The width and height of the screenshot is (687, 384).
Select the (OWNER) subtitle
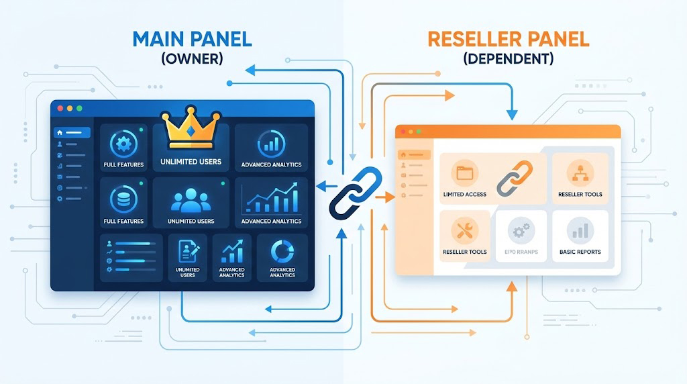pos(192,58)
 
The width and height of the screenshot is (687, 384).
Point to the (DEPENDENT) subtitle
pos(508,58)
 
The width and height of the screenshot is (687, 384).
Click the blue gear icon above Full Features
pos(123,144)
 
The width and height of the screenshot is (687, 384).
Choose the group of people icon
pos(191,202)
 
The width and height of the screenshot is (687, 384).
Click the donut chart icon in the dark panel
pos(282,252)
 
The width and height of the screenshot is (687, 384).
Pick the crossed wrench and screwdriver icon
pos(464,230)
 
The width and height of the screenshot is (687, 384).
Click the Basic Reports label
pos(580,252)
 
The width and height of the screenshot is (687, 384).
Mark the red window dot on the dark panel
pos(60,108)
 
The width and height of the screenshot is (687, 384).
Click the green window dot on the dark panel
pos(79,108)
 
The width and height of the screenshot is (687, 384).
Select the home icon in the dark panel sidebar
pos(60,132)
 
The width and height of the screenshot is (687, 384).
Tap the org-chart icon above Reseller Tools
pos(580,173)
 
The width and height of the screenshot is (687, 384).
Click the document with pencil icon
pos(187,252)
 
